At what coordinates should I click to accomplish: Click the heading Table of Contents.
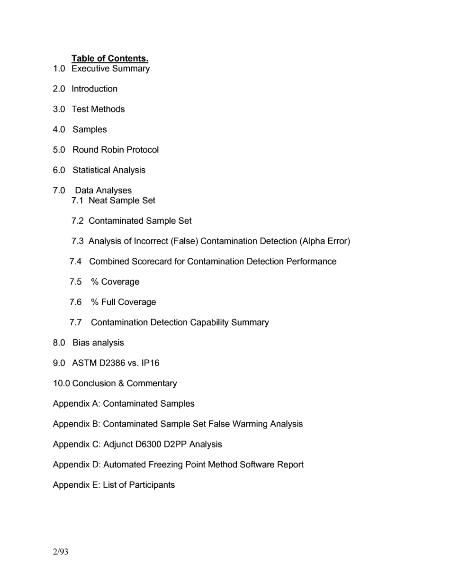coord(110,58)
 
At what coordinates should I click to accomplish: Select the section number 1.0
coord(59,69)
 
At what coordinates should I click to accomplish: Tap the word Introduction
coord(94,89)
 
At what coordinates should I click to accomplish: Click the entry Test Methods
coord(98,109)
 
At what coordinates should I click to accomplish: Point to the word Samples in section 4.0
coord(90,129)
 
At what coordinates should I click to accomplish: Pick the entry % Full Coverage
coord(123,302)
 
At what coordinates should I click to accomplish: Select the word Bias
coord(81,343)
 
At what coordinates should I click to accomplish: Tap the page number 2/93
coord(61,552)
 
